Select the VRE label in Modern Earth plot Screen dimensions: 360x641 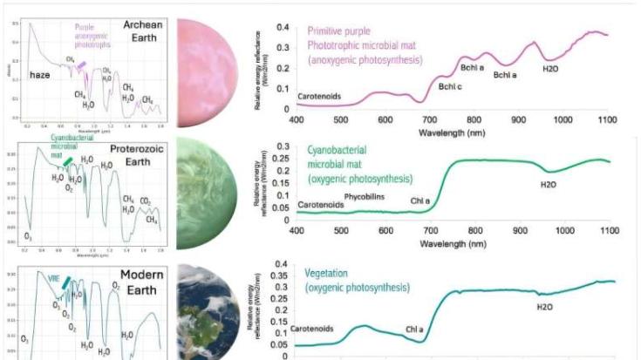(x=54, y=279)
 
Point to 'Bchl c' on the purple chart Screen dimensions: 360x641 (x=450, y=86)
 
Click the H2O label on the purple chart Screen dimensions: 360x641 (x=552, y=68)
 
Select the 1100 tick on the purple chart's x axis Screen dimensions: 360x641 (x=609, y=119)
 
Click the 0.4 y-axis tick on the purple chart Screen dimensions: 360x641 (x=283, y=27)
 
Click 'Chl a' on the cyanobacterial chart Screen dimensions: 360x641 (x=421, y=201)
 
